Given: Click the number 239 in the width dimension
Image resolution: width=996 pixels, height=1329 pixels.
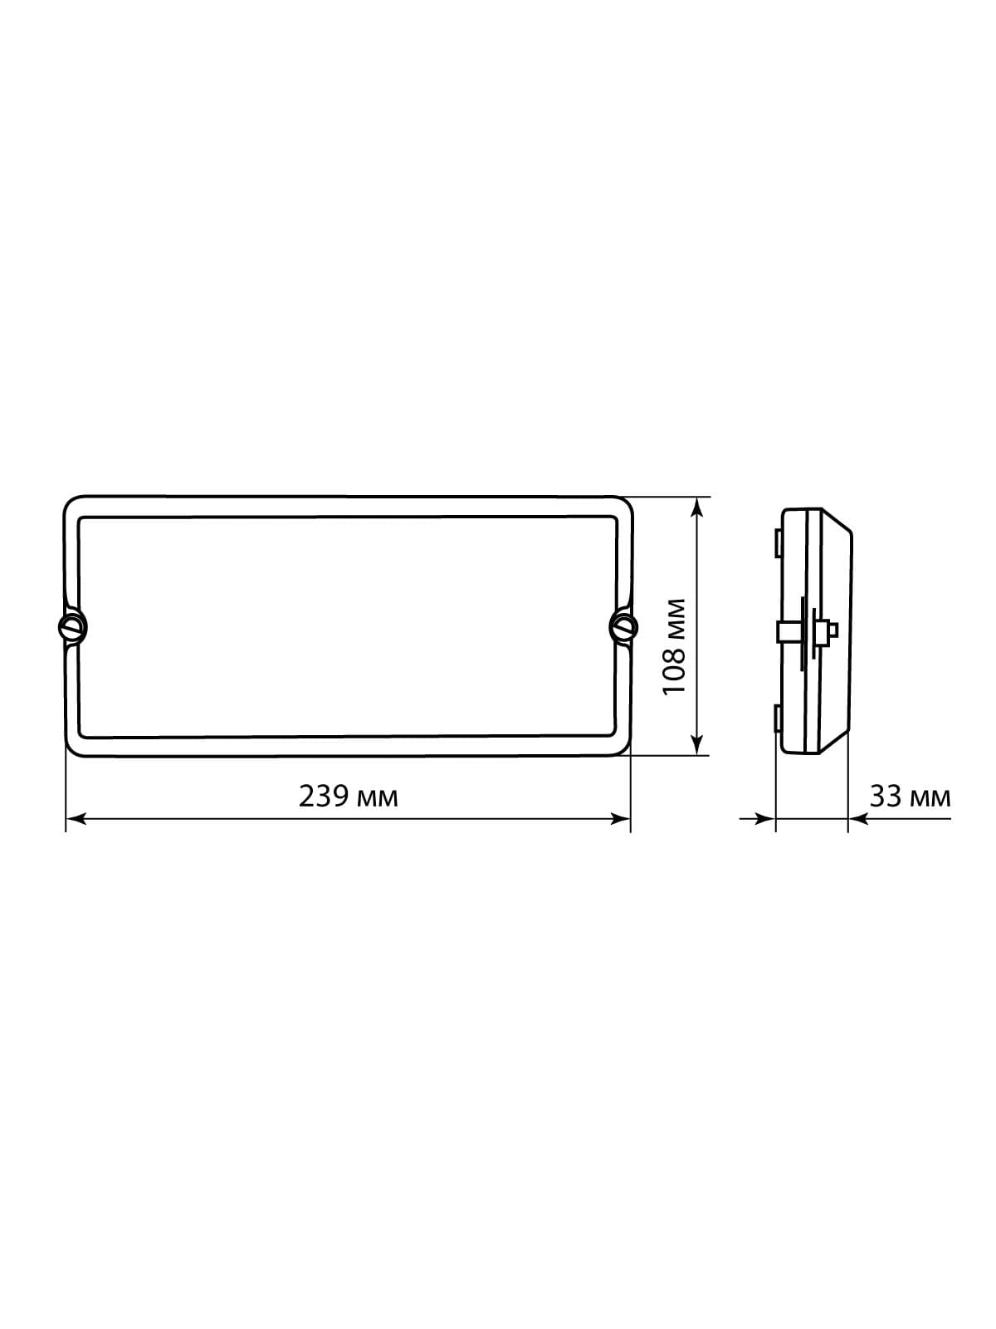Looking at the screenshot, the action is point(324,797).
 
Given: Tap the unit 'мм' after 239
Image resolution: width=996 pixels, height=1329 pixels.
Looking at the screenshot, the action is point(378,800).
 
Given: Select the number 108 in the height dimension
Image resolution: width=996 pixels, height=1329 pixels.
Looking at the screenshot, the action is point(674,672).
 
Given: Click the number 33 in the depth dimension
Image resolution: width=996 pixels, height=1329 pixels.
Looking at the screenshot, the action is point(886,797).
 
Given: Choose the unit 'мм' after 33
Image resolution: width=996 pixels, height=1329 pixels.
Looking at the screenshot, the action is point(930,800).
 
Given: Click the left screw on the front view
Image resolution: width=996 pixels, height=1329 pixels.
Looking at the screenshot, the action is point(72,626).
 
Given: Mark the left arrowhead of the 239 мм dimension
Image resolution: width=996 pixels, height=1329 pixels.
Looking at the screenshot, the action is point(75,819).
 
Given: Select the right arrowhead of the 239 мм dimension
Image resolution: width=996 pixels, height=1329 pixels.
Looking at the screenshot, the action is point(621,819).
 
